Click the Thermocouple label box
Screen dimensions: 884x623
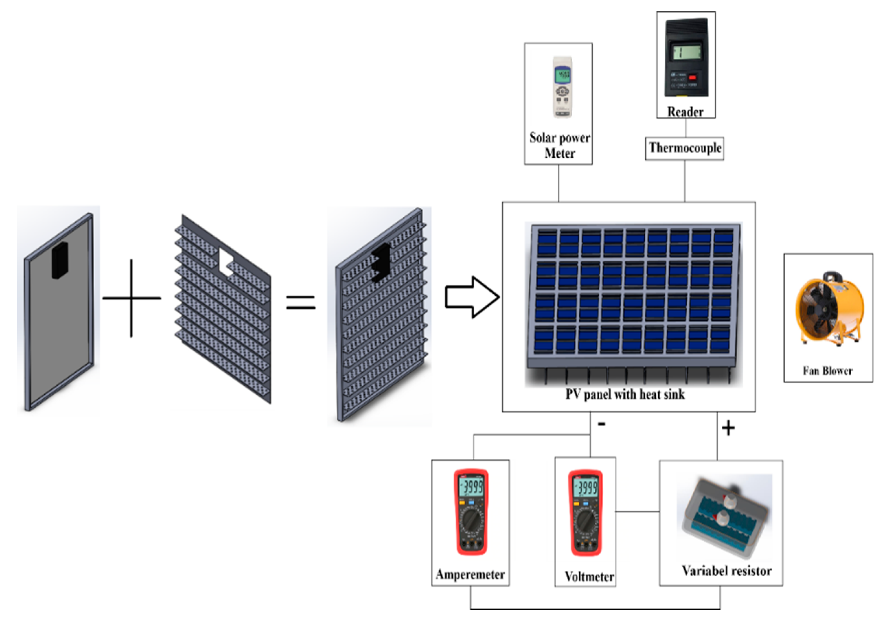pyautogui.click(x=685, y=148)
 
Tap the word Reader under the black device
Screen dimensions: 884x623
pyautogui.click(x=685, y=112)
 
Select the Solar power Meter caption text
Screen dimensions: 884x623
pyautogui.click(x=560, y=145)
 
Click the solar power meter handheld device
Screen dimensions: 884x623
pyautogui.click(x=562, y=87)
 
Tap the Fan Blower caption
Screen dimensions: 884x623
pyautogui.click(x=827, y=371)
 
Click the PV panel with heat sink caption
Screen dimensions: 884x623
pyautogui.click(x=625, y=394)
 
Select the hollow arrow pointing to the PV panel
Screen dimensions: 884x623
pyautogui.click(x=472, y=297)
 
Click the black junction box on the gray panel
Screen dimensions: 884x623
pyautogui.click(x=60, y=260)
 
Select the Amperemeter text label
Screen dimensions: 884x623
pyautogui.click(x=470, y=574)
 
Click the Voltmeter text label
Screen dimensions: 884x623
pyautogui.click(x=589, y=576)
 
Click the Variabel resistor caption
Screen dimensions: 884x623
pyautogui.click(x=727, y=571)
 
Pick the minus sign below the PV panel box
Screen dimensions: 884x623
pyautogui.click(x=601, y=424)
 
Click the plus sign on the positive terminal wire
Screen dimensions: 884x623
pyautogui.click(x=728, y=428)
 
